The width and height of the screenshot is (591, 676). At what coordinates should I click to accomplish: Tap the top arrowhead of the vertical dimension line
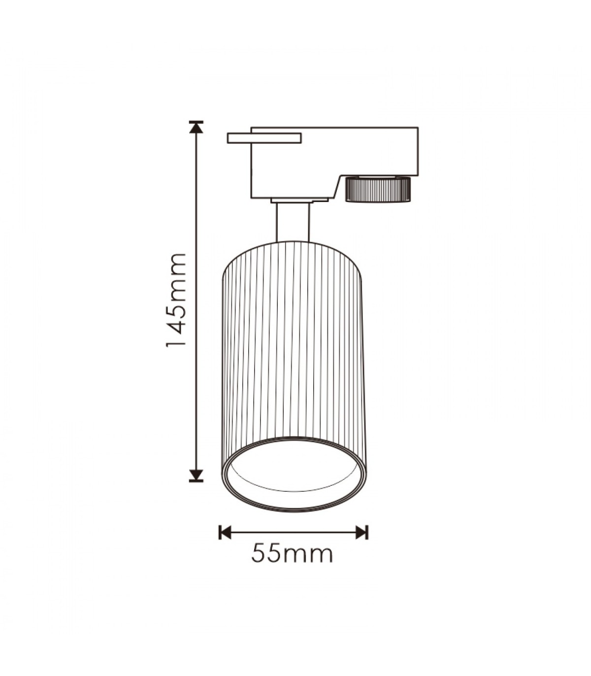click(196, 127)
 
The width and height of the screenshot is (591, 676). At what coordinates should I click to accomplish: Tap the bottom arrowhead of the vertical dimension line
click(196, 475)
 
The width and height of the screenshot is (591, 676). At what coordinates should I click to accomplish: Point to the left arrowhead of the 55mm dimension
click(225, 523)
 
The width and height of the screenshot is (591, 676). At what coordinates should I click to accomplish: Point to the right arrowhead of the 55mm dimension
click(362, 523)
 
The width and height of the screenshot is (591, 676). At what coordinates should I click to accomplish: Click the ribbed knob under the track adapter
click(378, 189)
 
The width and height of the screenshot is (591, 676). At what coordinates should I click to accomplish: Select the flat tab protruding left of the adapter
click(264, 138)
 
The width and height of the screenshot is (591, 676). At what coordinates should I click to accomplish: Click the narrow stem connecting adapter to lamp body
click(293, 222)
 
